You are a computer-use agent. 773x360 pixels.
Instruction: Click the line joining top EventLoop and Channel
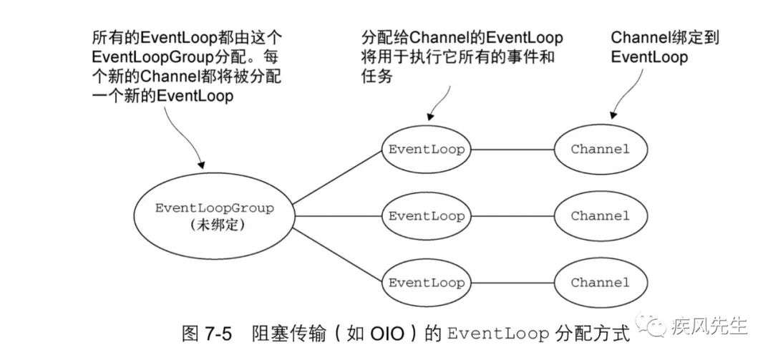click(x=512, y=150)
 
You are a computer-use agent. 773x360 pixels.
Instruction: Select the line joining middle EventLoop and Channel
click(x=512, y=216)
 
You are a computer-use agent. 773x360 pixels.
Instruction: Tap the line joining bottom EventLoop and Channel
click(x=512, y=283)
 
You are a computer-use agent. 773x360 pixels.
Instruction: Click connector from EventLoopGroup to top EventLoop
click(x=336, y=177)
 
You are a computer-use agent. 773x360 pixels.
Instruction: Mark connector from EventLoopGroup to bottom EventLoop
click(x=336, y=256)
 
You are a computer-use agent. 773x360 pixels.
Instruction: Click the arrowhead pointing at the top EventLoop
click(x=430, y=115)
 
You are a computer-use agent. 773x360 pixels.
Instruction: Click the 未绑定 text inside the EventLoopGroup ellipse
click(x=218, y=225)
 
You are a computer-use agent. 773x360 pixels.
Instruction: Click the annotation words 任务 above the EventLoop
click(x=377, y=77)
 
